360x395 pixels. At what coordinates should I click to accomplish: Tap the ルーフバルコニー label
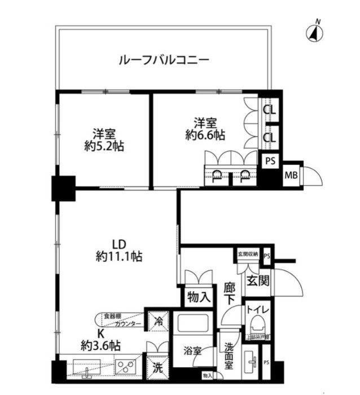pyautogui.click(x=164, y=59)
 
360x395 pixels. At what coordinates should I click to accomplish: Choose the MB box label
pyautogui.click(x=292, y=175)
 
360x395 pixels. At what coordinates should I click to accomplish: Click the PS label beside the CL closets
pyautogui.click(x=270, y=160)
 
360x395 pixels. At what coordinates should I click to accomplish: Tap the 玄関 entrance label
pyautogui.click(x=257, y=280)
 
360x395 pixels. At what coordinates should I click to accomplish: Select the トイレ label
pyautogui.click(x=257, y=310)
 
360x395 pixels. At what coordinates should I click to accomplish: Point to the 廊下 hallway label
pyautogui.click(x=229, y=293)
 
